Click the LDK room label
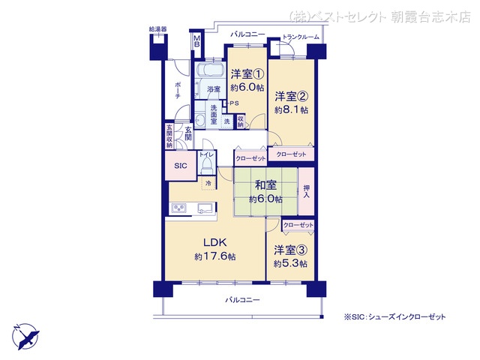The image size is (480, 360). coord(215,242)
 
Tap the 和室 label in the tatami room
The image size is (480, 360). coord(265,185)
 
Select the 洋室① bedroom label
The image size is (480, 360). coord(247,74)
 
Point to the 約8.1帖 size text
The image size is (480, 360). coord(291,110)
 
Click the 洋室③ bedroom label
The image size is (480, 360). coord(290,250)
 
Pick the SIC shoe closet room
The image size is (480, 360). coord(181,166)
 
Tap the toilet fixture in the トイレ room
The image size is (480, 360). coord(208,166)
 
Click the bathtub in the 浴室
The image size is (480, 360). coord(210,70)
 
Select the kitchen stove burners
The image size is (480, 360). coord(178,208)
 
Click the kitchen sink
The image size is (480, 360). coord(205,208)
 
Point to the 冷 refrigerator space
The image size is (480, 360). coord(208,183)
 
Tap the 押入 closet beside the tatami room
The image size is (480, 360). coord(307,191)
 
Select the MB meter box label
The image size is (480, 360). coord(197,41)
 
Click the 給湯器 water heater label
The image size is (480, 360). coord(158,29)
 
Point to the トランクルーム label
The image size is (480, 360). coord(301,37)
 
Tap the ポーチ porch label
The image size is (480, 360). coord(178,90)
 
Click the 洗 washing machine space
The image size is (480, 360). coord(226,121)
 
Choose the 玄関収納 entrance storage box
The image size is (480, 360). coord(169,136)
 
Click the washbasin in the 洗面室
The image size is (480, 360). coord(200,120)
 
